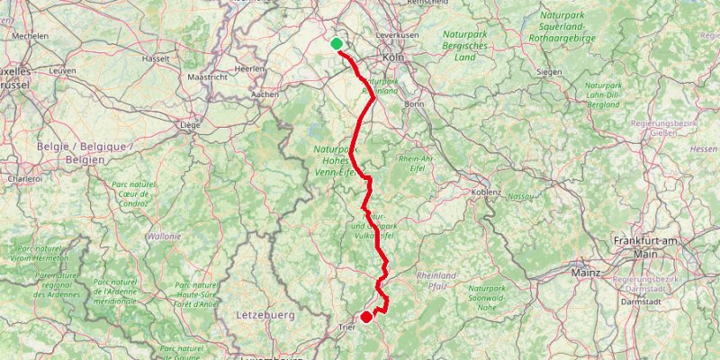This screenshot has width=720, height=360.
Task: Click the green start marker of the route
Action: pyautogui.click(x=337, y=44)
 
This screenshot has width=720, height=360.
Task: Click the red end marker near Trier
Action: pyautogui.click(x=366, y=317)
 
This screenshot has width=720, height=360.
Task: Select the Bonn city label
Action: pyautogui.click(x=414, y=103)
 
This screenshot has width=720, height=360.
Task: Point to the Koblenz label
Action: pyautogui.click(x=486, y=192)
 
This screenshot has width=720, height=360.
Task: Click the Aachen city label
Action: pyautogui.click(x=265, y=94)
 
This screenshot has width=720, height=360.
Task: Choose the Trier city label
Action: pyautogui.click(x=346, y=328)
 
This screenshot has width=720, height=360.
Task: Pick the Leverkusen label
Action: pyautogui.click(x=397, y=34)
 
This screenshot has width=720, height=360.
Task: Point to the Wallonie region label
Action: pyautogui.click(x=165, y=236)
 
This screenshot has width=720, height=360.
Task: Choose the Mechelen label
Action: pyautogui.click(x=30, y=36)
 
